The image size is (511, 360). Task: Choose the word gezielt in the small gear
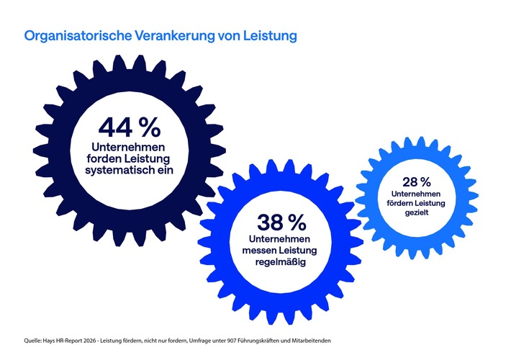click(x=416, y=214)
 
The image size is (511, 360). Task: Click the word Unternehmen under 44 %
click(x=130, y=146)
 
